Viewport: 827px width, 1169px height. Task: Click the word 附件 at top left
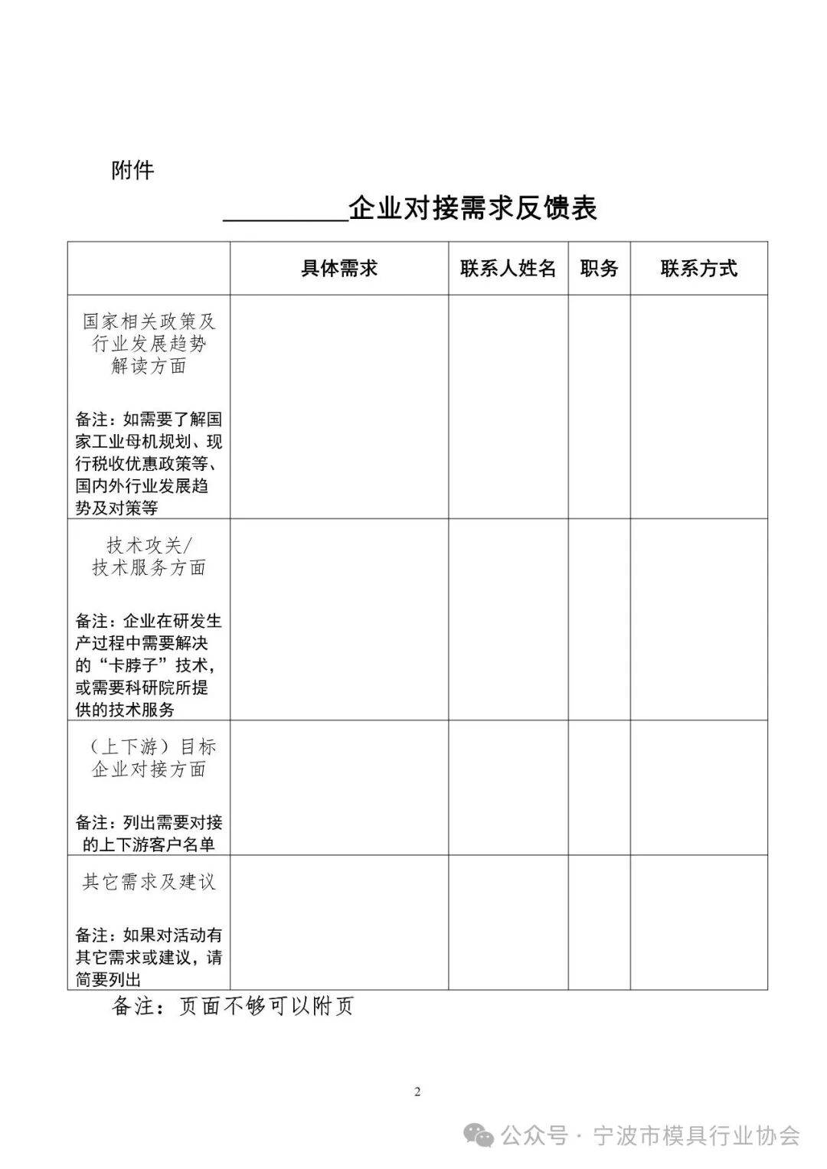click(132, 170)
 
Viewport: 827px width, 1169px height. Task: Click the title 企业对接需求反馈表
click(472, 208)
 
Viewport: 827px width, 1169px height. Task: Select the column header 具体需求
click(339, 269)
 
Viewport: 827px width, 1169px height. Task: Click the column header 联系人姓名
click(508, 269)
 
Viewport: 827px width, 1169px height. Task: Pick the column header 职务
click(599, 269)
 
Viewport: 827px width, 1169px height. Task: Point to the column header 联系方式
click(698, 269)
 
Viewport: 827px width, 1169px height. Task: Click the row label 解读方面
click(149, 366)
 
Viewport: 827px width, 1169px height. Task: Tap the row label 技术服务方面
click(149, 567)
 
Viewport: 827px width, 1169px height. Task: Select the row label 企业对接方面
click(149, 769)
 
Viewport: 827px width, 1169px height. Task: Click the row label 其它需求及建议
click(149, 882)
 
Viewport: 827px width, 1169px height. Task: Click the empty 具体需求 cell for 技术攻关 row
click(339, 619)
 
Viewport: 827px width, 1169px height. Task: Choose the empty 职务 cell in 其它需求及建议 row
click(599, 922)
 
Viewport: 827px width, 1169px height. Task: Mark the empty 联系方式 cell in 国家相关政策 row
click(698, 407)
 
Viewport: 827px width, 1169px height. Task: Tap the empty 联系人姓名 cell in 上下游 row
click(508, 788)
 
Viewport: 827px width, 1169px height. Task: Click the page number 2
click(417, 1092)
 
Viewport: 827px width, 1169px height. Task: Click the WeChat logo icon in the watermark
click(481, 1135)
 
